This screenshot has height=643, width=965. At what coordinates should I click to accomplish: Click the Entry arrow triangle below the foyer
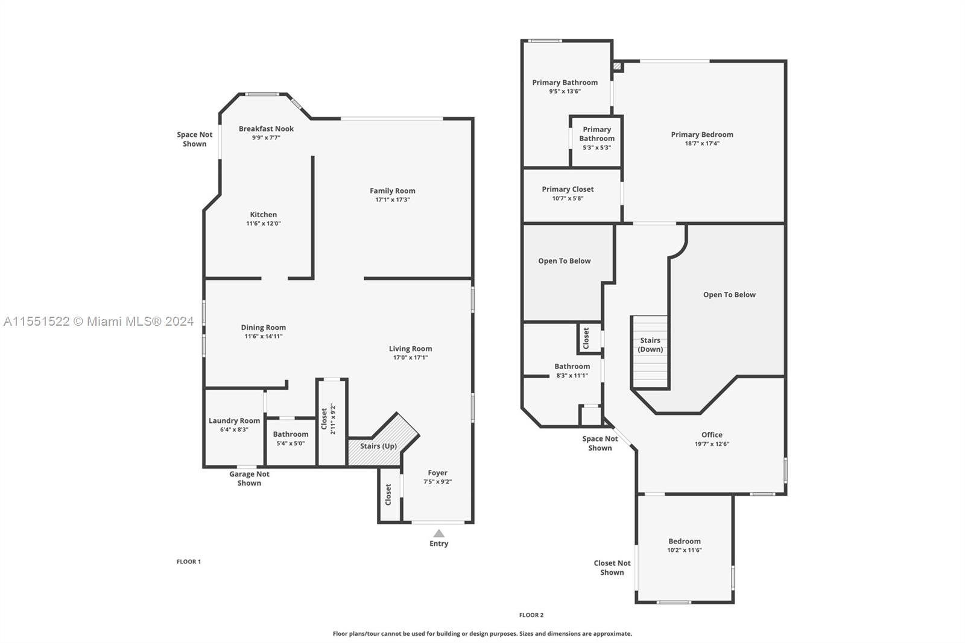[438, 533]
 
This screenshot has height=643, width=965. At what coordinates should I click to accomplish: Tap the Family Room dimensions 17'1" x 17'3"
[393, 200]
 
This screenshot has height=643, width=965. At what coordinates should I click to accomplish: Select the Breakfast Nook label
[266, 128]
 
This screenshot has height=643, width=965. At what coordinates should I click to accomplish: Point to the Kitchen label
[263, 214]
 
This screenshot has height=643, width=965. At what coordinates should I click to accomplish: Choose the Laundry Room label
[235, 420]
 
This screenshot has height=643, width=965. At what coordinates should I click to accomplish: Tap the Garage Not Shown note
[249, 478]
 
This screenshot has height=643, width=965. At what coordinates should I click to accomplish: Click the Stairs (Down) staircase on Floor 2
[650, 352]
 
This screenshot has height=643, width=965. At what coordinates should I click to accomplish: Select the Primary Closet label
[568, 189]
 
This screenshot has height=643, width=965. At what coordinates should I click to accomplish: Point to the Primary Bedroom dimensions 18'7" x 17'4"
[702, 144]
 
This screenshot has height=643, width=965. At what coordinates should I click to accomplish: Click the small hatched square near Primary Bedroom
[618, 66]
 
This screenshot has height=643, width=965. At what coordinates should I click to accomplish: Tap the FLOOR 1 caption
[189, 562]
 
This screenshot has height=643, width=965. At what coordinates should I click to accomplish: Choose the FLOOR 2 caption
[531, 615]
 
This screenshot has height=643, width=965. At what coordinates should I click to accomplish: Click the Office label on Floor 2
[712, 435]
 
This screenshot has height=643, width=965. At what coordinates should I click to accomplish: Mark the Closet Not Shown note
[612, 568]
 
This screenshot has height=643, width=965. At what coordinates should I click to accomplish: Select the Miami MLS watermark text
[99, 321]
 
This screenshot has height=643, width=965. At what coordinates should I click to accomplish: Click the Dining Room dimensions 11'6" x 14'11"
[263, 336]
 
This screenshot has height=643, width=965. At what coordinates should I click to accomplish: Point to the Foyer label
[438, 473]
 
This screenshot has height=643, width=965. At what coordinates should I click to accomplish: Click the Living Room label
[411, 349]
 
